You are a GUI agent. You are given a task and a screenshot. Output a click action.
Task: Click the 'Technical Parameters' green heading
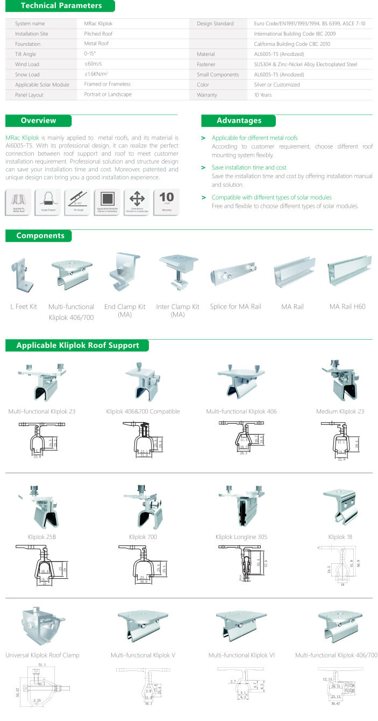click(x=61, y=6)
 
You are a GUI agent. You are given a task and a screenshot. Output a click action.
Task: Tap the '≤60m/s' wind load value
click(x=92, y=64)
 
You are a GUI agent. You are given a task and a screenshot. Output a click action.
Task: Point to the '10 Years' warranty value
click(x=263, y=95)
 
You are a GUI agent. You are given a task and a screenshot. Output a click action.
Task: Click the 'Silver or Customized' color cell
click(x=277, y=85)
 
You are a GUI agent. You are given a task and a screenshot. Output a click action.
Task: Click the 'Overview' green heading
click(x=38, y=121)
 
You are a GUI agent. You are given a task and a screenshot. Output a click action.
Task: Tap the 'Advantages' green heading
click(x=239, y=121)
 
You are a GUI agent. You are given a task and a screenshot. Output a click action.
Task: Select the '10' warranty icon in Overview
click(x=167, y=202)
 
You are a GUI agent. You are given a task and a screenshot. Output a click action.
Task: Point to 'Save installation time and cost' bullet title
click(x=249, y=167)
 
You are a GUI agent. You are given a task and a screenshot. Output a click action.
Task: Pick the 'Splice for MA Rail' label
click(x=236, y=306)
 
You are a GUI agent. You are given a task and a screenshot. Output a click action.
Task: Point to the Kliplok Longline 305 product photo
click(x=241, y=506)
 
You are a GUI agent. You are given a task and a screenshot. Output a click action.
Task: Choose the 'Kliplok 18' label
click(x=341, y=537)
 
